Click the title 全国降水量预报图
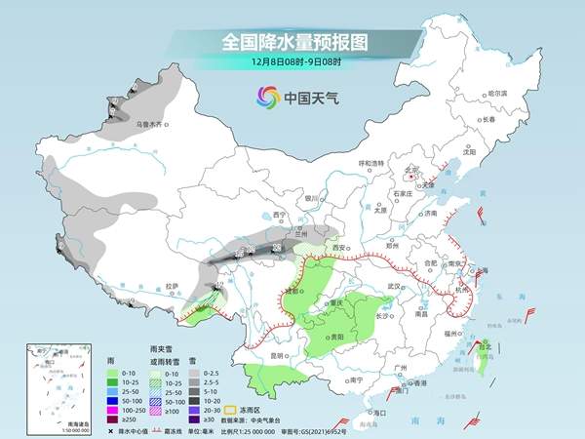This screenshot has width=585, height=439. click(292, 42)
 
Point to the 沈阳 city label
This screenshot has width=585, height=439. click(470, 152)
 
